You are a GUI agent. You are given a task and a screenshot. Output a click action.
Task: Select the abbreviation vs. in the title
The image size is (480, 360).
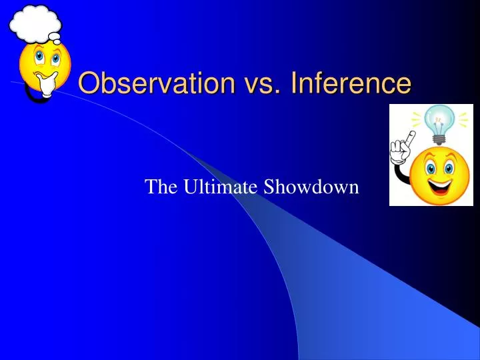pyautogui.click(x=250, y=83)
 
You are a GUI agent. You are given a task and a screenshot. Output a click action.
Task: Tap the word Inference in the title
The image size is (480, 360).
pyautogui.click(x=342, y=83)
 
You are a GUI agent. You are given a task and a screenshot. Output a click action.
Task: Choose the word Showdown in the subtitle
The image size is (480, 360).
pyautogui.click(x=311, y=187)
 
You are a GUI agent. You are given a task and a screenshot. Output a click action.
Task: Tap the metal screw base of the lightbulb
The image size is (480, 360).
pyautogui.click(x=439, y=139)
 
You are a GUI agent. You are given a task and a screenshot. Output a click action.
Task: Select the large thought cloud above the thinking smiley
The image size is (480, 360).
pyautogui.click(x=35, y=23)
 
